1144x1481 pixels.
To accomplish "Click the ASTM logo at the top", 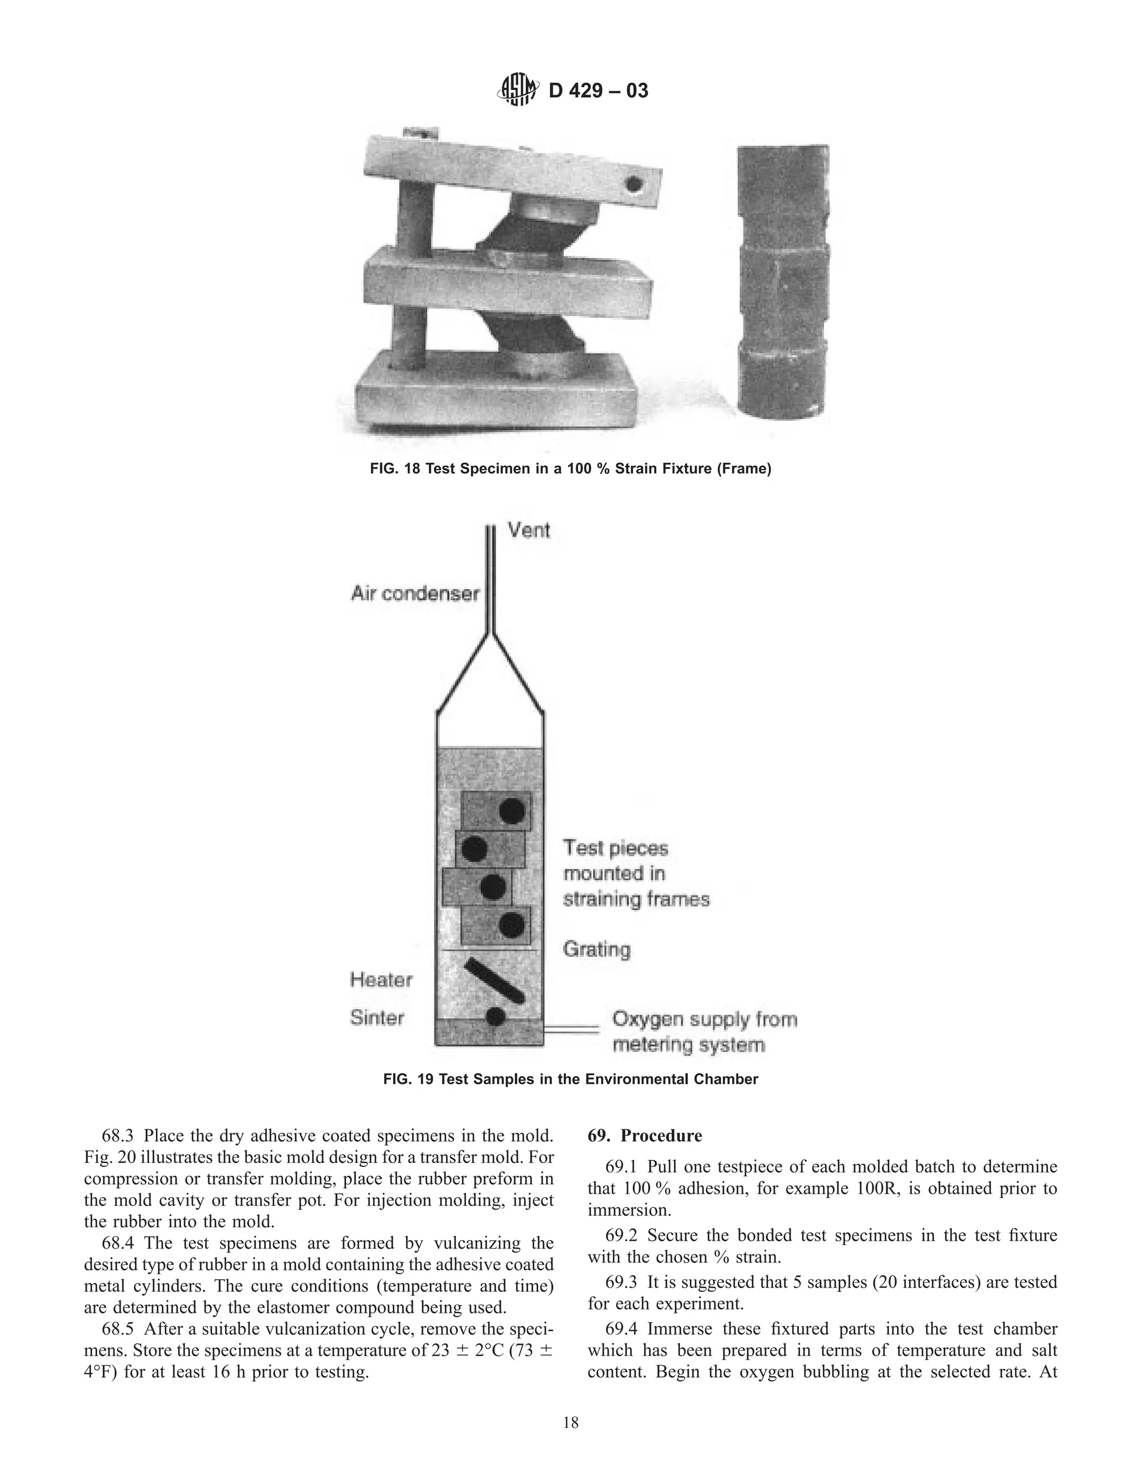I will click(518, 89).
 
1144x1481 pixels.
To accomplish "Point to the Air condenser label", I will click(415, 594).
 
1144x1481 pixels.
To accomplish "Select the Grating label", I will click(597, 950).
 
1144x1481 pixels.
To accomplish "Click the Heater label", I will click(381, 979).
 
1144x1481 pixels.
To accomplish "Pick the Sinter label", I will click(377, 1017).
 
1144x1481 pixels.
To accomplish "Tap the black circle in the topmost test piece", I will click(512, 810).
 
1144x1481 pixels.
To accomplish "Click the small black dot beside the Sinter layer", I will click(495, 1016).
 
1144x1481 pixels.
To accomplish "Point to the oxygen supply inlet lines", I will click(573, 1030).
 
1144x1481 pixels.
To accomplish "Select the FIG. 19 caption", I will click(571, 1079).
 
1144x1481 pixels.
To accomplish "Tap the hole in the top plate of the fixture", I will click(635, 184).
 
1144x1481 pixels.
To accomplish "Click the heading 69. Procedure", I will click(645, 1136).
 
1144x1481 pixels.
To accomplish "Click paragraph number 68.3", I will click(118, 1136).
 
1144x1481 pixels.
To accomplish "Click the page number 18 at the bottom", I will click(571, 1422).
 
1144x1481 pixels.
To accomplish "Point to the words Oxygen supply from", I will click(705, 1019).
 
